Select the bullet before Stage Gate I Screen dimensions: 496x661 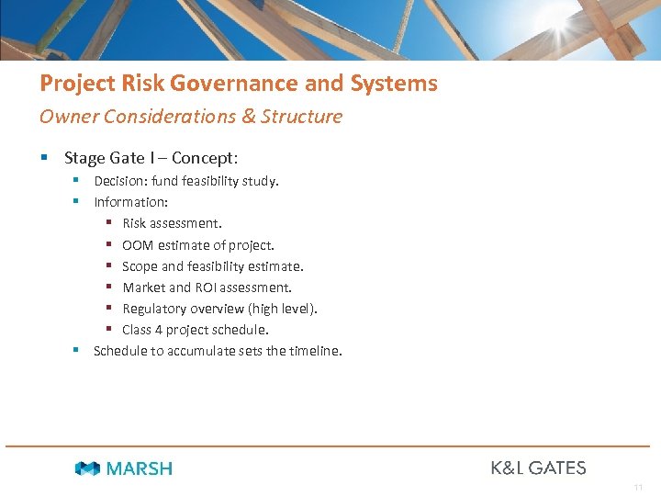(45, 158)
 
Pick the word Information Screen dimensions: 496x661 (130, 202)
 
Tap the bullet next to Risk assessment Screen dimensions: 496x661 (108, 223)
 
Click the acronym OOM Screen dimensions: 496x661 (138, 245)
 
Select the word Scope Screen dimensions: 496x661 (140, 266)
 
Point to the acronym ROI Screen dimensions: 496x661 (208, 287)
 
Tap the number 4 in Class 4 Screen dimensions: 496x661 (160, 330)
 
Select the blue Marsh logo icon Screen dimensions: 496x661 (87, 468)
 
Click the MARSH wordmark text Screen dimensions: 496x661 (139, 468)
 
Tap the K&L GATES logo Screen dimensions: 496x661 (538, 468)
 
